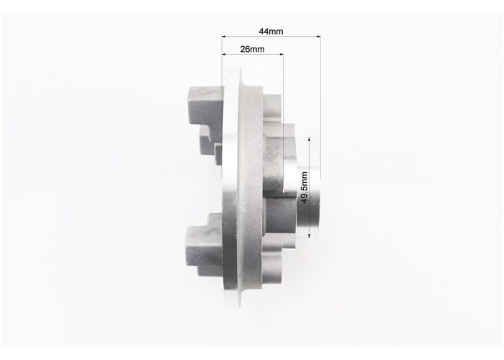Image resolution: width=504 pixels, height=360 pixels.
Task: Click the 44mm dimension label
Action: [271, 31]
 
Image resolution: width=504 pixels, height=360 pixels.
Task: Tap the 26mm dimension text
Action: [252, 49]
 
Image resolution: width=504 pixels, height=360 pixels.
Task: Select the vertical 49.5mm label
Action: [305, 187]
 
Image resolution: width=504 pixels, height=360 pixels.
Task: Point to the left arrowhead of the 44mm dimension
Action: [224, 36]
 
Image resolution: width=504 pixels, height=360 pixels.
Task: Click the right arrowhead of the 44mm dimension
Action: [319, 36]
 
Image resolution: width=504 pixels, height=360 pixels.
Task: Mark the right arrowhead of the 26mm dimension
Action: [282, 54]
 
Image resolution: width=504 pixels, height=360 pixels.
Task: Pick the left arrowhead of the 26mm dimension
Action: [224, 54]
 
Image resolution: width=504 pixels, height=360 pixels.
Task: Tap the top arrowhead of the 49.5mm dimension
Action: [309, 140]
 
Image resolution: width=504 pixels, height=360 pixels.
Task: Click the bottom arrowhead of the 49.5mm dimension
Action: [309, 235]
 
